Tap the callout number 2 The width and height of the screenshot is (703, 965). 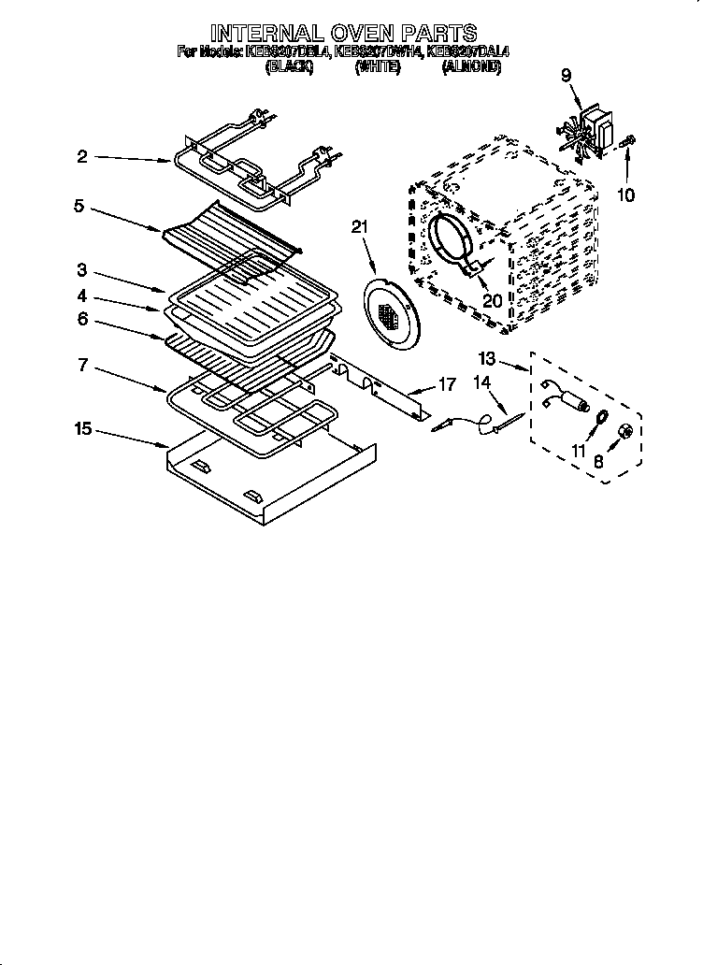pos(82,157)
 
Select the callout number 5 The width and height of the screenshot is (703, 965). pos(79,206)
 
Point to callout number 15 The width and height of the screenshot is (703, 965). pos(83,428)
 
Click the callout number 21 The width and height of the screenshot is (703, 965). pos(361,226)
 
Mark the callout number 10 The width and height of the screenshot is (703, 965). pos(625,195)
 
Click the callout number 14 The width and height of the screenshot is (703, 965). pos(481,382)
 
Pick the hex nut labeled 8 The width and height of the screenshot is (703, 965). pos(627,430)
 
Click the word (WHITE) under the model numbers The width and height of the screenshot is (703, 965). pos(378,67)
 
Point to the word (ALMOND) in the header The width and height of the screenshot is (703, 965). pos(471,67)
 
